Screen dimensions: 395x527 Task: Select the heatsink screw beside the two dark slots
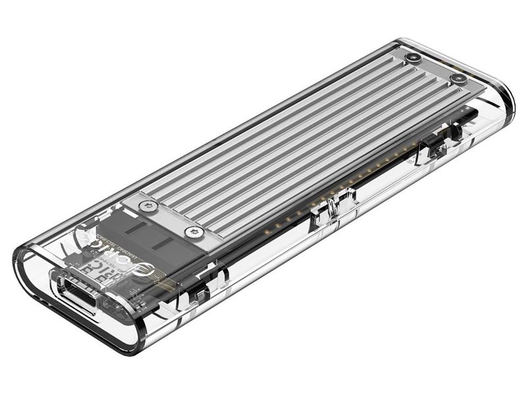(192, 231)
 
